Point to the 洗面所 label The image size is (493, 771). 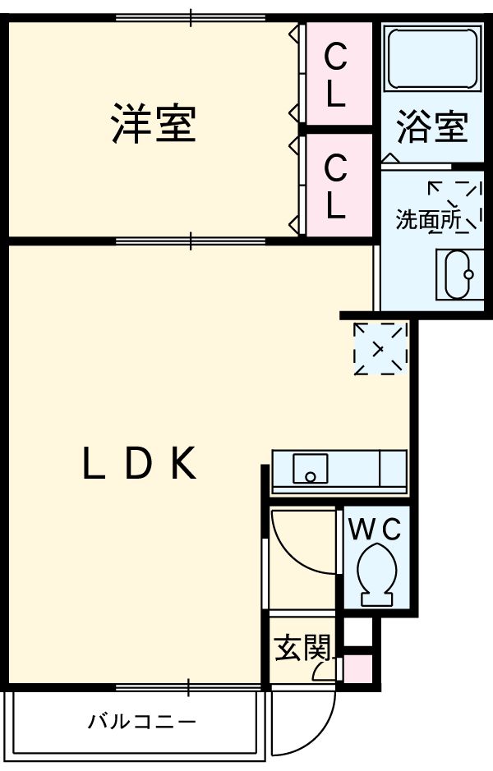click(427, 220)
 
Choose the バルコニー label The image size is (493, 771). click(143, 723)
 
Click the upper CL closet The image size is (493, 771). click(335, 76)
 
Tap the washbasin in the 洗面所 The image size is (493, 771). click(458, 274)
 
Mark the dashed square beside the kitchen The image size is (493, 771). click(380, 348)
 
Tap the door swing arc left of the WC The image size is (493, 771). click(300, 542)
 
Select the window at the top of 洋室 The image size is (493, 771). click(191, 16)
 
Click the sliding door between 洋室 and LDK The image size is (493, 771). click(191, 241)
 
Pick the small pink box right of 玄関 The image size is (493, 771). click(356, 670)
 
